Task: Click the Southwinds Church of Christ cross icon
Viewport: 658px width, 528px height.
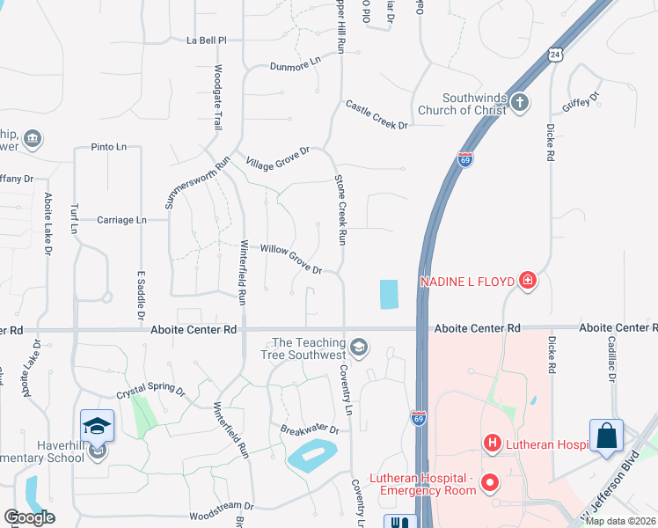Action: click(519, 103)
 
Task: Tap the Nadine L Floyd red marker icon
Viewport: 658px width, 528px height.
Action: click(527, 281)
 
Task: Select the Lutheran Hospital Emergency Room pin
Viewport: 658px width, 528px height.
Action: click(489, 483)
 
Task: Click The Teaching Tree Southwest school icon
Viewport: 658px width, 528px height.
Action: click(358, 348)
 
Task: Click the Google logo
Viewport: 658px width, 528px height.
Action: click(30, 517)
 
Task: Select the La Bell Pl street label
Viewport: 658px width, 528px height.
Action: click(207, 40)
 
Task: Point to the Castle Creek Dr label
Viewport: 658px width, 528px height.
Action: click(377, 114)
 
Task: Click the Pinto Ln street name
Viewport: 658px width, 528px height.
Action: click(109, 147)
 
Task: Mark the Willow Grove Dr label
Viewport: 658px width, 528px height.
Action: click(291, 259)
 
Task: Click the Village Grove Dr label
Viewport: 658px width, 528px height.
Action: click(278, 158)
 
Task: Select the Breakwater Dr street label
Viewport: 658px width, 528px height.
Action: click(310, 429)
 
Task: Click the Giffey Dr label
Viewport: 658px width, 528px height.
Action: click(581, 102)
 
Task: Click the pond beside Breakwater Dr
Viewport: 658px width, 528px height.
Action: click(313, 456)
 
